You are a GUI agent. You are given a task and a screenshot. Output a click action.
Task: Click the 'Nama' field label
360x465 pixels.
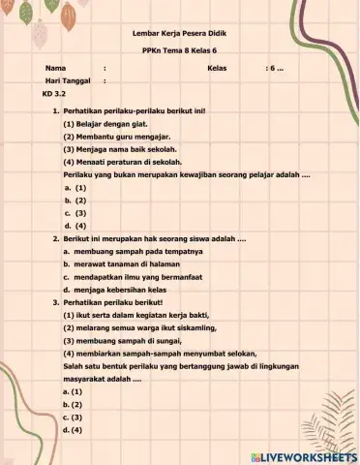[55, 69]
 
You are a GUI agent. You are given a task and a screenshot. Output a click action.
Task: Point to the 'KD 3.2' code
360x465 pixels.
[53, 94]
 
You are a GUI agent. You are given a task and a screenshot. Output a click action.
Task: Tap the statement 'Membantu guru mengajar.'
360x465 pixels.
[109, 138]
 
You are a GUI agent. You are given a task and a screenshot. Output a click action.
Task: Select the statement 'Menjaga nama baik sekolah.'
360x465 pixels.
[114, 150]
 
